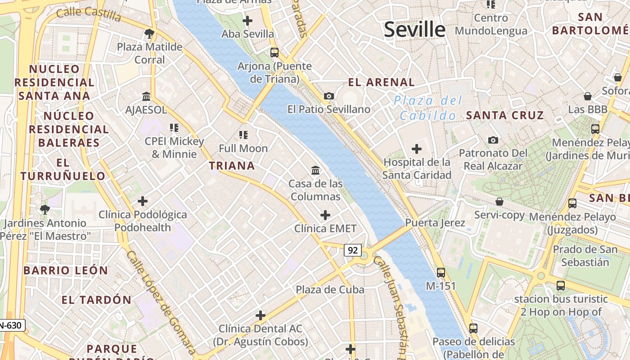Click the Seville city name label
point(414,30)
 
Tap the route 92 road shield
point(353,250)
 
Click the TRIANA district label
point(232,166)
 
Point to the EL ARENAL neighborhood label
point(382,82)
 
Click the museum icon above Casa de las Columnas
point(315,171)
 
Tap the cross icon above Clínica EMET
point(325,215)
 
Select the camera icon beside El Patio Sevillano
point(329,96)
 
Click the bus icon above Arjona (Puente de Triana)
point(274,53)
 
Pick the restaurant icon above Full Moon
point(243,135)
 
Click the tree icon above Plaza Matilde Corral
point(149,33)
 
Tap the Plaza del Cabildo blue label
point(428,108)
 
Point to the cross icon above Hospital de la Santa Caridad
point(417,148)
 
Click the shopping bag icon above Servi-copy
point(499,202)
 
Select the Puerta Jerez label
point(435,223)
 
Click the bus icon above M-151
point(441,272)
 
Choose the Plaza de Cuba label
point(330,290)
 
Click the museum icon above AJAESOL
point(146,96)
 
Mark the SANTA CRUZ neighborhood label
point(505,116)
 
